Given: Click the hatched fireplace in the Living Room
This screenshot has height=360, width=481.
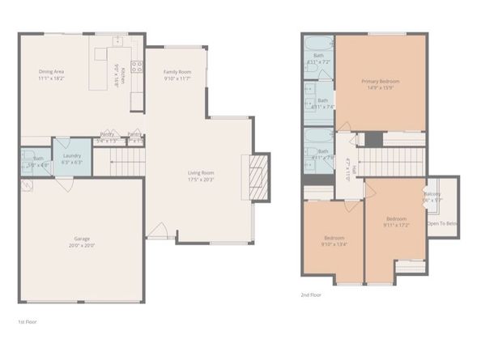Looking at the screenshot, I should (x=258, y=172).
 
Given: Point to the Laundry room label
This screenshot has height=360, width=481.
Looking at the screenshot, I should (x=71, y=155).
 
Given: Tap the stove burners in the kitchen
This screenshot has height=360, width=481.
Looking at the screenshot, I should (x=137, y=68).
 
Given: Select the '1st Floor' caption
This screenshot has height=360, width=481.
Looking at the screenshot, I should (x=27, y=321).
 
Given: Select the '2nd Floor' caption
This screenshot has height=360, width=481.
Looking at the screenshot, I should (x=310, y=295).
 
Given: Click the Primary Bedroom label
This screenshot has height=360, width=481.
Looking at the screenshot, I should (x=380, y=81).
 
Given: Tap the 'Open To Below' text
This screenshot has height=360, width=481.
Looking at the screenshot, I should (x=442, y=223).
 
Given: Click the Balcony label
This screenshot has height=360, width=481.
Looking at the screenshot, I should (x=432, y=194).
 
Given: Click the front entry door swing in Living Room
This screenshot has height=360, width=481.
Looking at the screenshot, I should (x=160, y=232).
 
